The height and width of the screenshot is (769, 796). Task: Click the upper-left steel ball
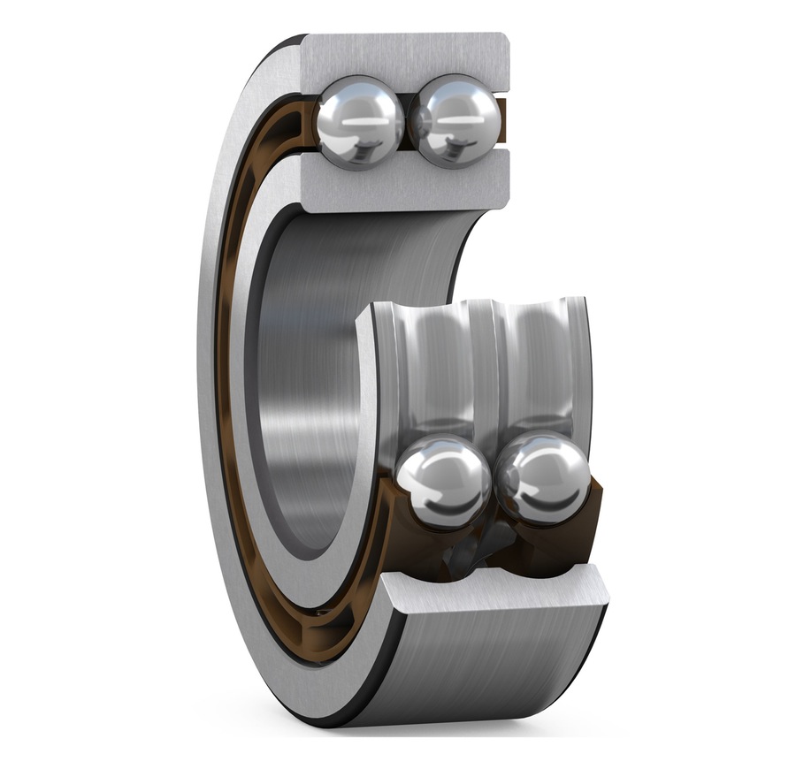pyautogui.click(x=359, y=121)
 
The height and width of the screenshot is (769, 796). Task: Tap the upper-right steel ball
pyautogui.click(x=455, y=121)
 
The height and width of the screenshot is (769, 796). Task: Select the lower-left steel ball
pyautogui.click(x=443, y=482)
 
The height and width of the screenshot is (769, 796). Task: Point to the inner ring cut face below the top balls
pyautogui.click(x=407, y=180)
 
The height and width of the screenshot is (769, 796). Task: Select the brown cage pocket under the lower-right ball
pyautogui.click(x=566, y=530)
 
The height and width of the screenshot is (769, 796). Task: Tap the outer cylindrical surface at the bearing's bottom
pyautogui.click(x=495, y=672)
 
